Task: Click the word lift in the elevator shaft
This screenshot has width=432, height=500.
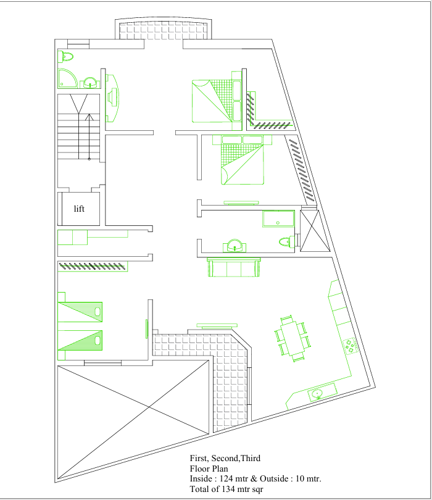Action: (79, 209)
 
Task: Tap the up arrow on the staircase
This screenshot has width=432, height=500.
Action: (89, 136)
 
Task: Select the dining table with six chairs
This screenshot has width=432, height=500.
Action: (293, 338)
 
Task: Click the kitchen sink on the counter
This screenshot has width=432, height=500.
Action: (317, 394)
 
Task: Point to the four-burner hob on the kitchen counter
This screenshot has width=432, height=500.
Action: (351, 346)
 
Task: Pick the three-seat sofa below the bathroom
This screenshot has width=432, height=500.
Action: (234, 267)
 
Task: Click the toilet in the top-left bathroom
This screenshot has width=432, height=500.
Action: (65, 56)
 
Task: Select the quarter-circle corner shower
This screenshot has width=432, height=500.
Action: (67, 78)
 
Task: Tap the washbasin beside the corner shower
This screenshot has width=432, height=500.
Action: (90, 83)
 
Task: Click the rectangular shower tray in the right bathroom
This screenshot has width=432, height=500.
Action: (278, 219)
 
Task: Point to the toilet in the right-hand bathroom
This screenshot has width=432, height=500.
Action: (286, 242)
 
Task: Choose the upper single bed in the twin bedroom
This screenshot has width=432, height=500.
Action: (80, 312)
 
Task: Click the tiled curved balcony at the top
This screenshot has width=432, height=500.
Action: (164, 28)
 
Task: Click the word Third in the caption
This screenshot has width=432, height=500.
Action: (251, 458)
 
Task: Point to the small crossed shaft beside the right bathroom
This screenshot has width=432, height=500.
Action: (315, 230)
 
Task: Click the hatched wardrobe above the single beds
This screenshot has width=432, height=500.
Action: (93, 266)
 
